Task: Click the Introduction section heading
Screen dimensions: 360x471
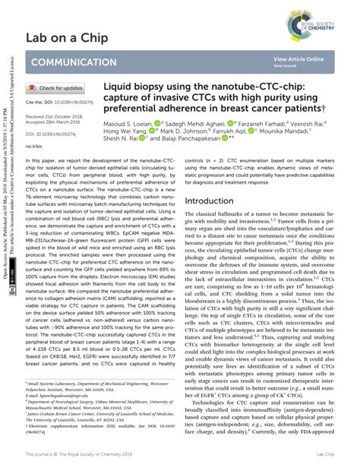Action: [x=214, y=201]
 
